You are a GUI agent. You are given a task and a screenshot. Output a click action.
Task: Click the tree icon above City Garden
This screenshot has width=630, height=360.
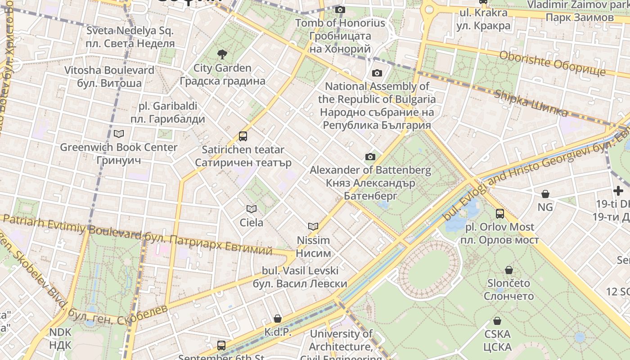222,55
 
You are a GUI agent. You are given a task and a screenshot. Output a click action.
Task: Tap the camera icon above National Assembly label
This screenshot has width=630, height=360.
377,73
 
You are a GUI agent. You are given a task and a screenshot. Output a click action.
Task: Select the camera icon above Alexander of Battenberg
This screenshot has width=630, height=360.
370,157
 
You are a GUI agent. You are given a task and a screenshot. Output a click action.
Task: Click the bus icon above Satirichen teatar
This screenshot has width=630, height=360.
243,136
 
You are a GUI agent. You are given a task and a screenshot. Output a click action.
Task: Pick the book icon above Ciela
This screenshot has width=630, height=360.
252,209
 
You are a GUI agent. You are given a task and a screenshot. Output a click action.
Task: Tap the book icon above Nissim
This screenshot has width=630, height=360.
313,226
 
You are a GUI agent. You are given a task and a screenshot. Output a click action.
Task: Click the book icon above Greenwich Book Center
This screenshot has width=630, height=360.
119,134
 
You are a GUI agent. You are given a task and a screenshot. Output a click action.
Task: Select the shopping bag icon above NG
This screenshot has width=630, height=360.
545,194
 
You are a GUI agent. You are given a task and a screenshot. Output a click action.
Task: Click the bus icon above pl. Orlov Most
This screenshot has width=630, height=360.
500,214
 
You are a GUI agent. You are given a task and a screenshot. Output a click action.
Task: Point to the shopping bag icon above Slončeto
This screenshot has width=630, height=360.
509,270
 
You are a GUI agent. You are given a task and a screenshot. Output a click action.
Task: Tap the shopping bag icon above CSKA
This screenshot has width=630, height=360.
497,321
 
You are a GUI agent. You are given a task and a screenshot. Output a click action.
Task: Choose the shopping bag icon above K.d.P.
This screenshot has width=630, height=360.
278,319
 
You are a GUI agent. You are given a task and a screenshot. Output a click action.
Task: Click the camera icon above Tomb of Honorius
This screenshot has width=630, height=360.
340,9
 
